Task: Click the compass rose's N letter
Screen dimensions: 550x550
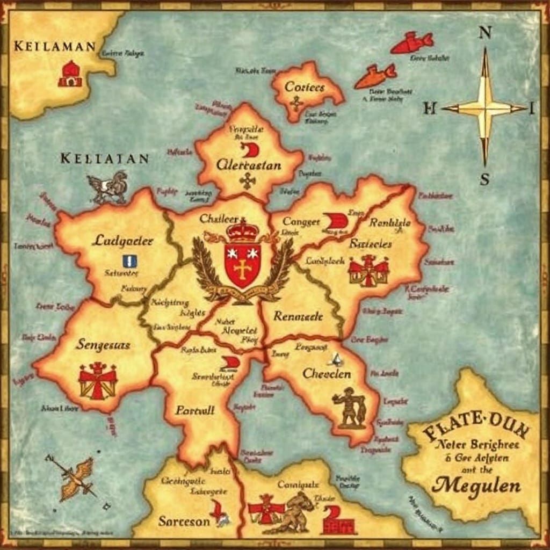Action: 484,33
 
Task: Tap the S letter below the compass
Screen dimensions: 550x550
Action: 484,179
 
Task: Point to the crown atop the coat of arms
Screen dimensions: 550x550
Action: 243,231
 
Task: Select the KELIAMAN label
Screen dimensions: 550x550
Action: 55,46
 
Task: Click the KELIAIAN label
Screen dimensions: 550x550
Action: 104,158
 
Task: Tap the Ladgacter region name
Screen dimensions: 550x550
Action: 123,240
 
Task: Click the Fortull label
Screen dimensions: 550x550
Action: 195,410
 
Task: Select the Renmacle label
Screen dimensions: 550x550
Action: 298,316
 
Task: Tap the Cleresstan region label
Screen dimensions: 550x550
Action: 249,165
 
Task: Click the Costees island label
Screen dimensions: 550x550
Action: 305,86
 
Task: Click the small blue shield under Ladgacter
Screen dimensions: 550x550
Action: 129,262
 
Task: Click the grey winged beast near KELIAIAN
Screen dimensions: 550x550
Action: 108,187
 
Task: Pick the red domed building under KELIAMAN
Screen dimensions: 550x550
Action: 70,74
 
